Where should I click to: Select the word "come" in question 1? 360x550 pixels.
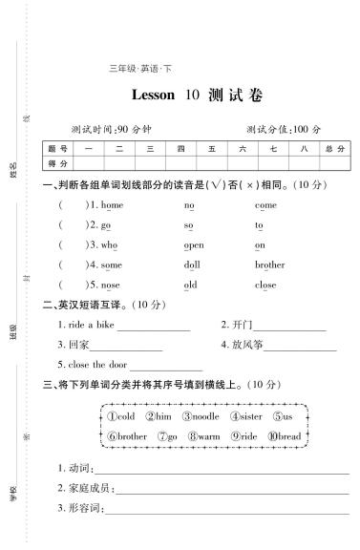click(x=265, y=205)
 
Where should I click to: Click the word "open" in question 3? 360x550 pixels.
click(x=194, y=244)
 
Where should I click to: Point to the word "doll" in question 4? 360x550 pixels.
click(x=192, y=264)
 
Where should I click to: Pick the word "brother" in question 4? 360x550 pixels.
click(x=269, y=264)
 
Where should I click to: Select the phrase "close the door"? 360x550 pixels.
click(x=96, y=365)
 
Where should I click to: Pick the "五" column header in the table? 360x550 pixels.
click(x=210, y=149)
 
